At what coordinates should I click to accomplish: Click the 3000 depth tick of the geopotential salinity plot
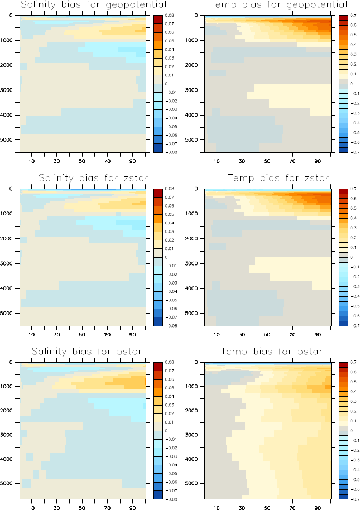coord(9,90)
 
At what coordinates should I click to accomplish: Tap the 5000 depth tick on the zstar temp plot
coord(195,314)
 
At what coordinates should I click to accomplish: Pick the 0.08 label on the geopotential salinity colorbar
coord(171,16)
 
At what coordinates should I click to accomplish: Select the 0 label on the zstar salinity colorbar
coord(168,257)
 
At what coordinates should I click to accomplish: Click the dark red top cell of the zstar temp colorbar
coord(342,193)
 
